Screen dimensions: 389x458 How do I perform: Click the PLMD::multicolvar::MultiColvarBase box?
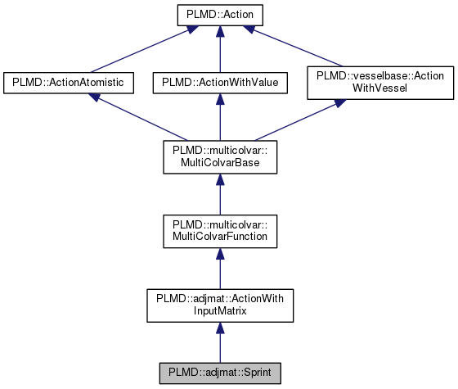pos(220,156)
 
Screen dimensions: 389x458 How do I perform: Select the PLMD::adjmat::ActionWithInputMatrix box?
pos(220,303)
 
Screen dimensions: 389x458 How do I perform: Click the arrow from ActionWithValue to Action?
pos(220,49)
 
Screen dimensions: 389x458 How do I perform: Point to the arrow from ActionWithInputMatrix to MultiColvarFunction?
pos(220,267)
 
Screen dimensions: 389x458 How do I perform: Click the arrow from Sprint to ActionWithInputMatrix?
pos(220,340)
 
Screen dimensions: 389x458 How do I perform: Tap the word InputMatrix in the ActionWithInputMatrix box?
pos(220,310)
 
